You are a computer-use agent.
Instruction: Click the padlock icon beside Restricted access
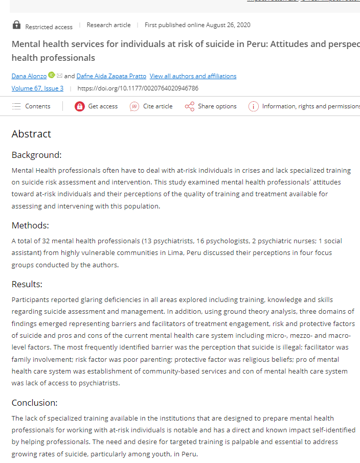pos(16,25)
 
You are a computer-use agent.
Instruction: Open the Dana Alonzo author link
pos(29,76)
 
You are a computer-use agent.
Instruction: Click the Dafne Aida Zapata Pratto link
pos(111,76)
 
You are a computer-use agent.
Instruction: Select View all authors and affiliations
pos(193,76)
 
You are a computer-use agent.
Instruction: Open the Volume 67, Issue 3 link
pos(37,88)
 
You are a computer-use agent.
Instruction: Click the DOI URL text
pos(138,88)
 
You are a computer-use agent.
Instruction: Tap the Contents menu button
pos(31,106)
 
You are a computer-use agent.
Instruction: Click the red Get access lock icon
pos(79,106)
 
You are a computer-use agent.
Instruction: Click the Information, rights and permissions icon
pos(253,106)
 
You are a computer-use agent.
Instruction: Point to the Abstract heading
pos(31,134)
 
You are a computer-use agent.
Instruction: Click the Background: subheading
pos(36,155)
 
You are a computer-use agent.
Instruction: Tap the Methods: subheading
pos(30,225)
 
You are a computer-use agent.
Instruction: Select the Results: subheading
pos(27,284)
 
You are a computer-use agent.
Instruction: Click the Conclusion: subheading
pos(34,402)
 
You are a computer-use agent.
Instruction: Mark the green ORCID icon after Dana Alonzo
pos(52,76)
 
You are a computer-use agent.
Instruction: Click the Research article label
pos(108,25)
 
